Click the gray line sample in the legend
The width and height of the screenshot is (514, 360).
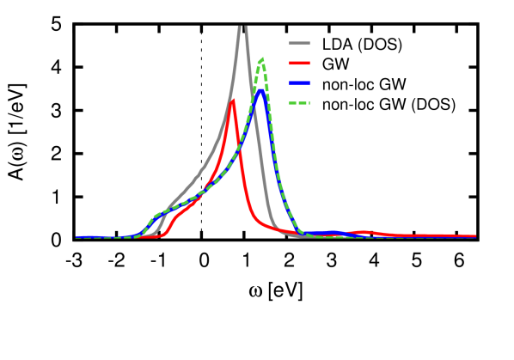click(299, 42)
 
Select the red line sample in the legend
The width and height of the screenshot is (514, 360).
click(299, 63)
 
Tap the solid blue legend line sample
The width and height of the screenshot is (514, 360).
click(299, 82)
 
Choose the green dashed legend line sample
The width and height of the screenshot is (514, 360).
click(299, 103)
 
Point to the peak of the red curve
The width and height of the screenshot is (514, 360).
click(232, 101)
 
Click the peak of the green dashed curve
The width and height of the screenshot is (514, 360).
click(261, 59)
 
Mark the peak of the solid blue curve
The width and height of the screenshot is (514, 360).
click(260, 91)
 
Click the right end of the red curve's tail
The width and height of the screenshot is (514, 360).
click(474, 236)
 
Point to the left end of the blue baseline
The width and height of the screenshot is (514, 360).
click(76, 236)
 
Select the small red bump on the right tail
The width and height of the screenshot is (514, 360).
click(363, 232)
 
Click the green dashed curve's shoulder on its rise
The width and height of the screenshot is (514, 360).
click(157, 215)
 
